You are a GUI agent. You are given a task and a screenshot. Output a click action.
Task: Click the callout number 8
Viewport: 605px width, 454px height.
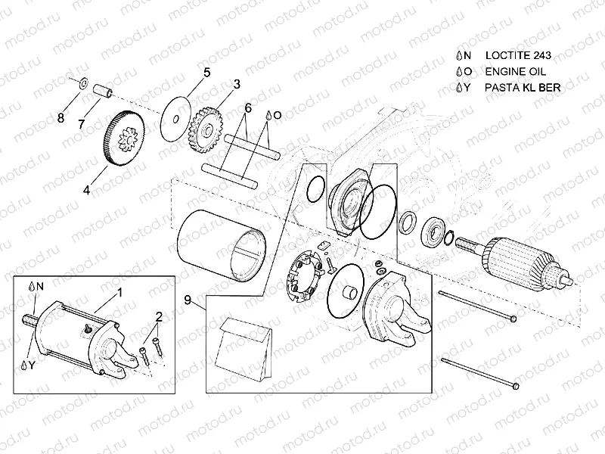(x=62, y=117)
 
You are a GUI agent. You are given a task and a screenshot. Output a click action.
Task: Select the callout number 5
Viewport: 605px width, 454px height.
(x=206, y=73)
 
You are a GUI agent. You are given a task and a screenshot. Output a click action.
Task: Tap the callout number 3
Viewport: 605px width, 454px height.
(x=237, y=83)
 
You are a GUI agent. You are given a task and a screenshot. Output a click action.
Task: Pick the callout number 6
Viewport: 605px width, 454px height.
(x=247, y=108)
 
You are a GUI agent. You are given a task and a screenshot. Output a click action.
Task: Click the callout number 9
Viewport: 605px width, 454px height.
(x=187, y=300)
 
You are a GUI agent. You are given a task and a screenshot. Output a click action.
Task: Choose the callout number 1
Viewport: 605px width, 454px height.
(x=119, y=291)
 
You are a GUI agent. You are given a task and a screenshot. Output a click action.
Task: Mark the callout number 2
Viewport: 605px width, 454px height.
(x=159, y=316)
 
